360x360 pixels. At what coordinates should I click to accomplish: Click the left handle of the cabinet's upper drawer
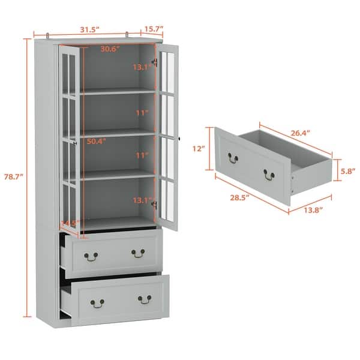coord(91,256)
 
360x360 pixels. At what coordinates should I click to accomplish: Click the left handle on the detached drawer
coord(233,158)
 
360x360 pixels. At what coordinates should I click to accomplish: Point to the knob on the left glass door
coord(74,142)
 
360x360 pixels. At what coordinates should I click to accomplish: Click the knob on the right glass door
coord(179,139)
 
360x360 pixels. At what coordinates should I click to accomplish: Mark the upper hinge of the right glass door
coord(155,61)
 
